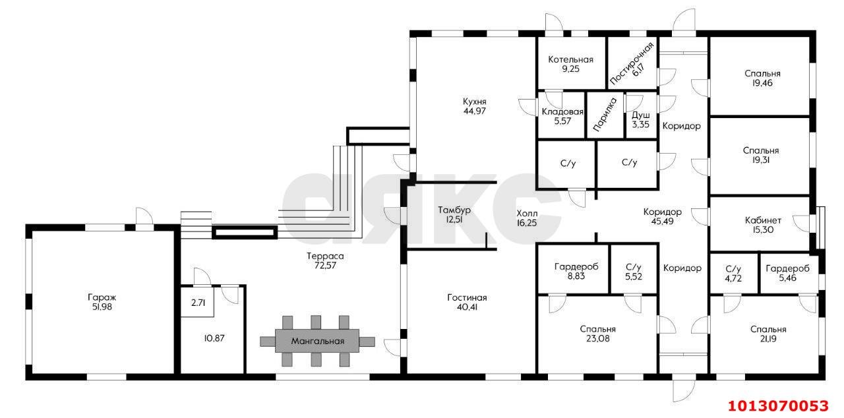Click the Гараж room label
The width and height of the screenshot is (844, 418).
[102, 297]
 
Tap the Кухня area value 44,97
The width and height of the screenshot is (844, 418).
[474, 111]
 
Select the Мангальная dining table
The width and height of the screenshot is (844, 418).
[317, 341]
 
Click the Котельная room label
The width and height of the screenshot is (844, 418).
[570, 59]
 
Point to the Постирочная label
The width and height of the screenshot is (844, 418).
[631, 63]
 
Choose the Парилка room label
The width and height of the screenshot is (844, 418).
[605, 114]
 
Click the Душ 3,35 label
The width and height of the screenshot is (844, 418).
[640, 120]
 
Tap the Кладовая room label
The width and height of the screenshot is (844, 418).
[562, 112]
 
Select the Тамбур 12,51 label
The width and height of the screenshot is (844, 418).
[454, 215]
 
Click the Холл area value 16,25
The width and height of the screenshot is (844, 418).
[527, 223]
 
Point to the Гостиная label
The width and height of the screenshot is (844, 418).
[467, 297]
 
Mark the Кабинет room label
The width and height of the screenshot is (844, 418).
[763, 220]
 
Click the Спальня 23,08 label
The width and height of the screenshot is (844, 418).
[597, 334]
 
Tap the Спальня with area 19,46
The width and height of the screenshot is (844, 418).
[762, 78]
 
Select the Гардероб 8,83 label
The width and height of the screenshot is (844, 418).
[576, 272]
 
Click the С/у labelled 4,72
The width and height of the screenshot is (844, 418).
[733, 274]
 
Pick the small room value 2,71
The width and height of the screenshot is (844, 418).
[198, 303]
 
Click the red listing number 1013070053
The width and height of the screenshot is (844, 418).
[779, 405]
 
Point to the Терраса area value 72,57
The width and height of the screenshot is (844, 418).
[325, 266]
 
